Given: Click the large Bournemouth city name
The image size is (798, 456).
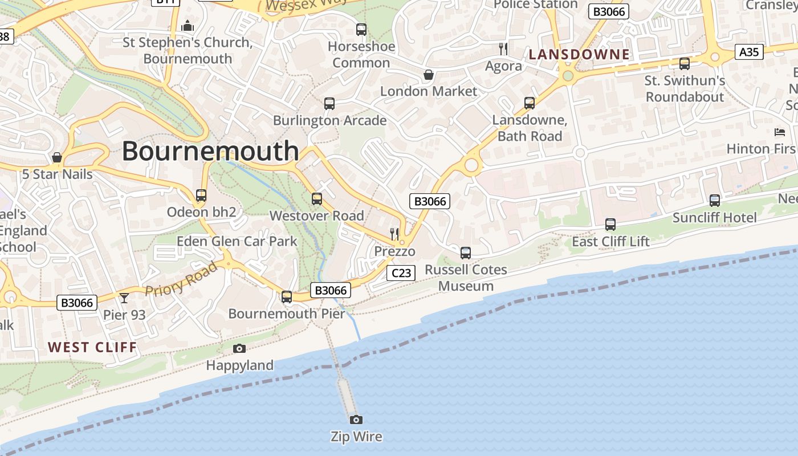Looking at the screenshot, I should click(210, 152).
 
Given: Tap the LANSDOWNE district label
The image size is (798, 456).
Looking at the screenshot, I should click(580, 55).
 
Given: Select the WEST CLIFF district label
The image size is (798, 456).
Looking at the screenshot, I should click(92, 347).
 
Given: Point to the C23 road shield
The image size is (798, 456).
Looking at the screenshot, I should click(401, 273).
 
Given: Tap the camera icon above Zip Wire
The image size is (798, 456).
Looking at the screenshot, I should click(356, 420).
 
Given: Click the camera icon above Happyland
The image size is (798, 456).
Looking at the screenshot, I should click(239, 348).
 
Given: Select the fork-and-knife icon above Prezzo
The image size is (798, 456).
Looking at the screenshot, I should click(394, 234).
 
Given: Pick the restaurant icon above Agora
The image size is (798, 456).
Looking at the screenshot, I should click(503, 48).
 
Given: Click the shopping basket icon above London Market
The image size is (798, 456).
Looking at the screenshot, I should click(429, 75).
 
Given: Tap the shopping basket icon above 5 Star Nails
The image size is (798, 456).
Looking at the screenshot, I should click(57, 157).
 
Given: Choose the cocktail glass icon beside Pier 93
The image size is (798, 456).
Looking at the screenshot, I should click(124, 298).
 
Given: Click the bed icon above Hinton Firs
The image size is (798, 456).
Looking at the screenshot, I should click(780, 132).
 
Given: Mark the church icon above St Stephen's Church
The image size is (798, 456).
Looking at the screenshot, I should click(187, 26).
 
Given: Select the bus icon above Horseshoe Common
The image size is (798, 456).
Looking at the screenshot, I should click(361, 30).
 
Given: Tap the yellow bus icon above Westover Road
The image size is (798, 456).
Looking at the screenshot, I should click(317, 199).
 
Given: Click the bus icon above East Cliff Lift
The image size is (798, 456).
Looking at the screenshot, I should click(610, 225).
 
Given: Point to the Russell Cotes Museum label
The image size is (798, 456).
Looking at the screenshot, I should click(466, 278).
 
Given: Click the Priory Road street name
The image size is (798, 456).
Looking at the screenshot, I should click(181, 279).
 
